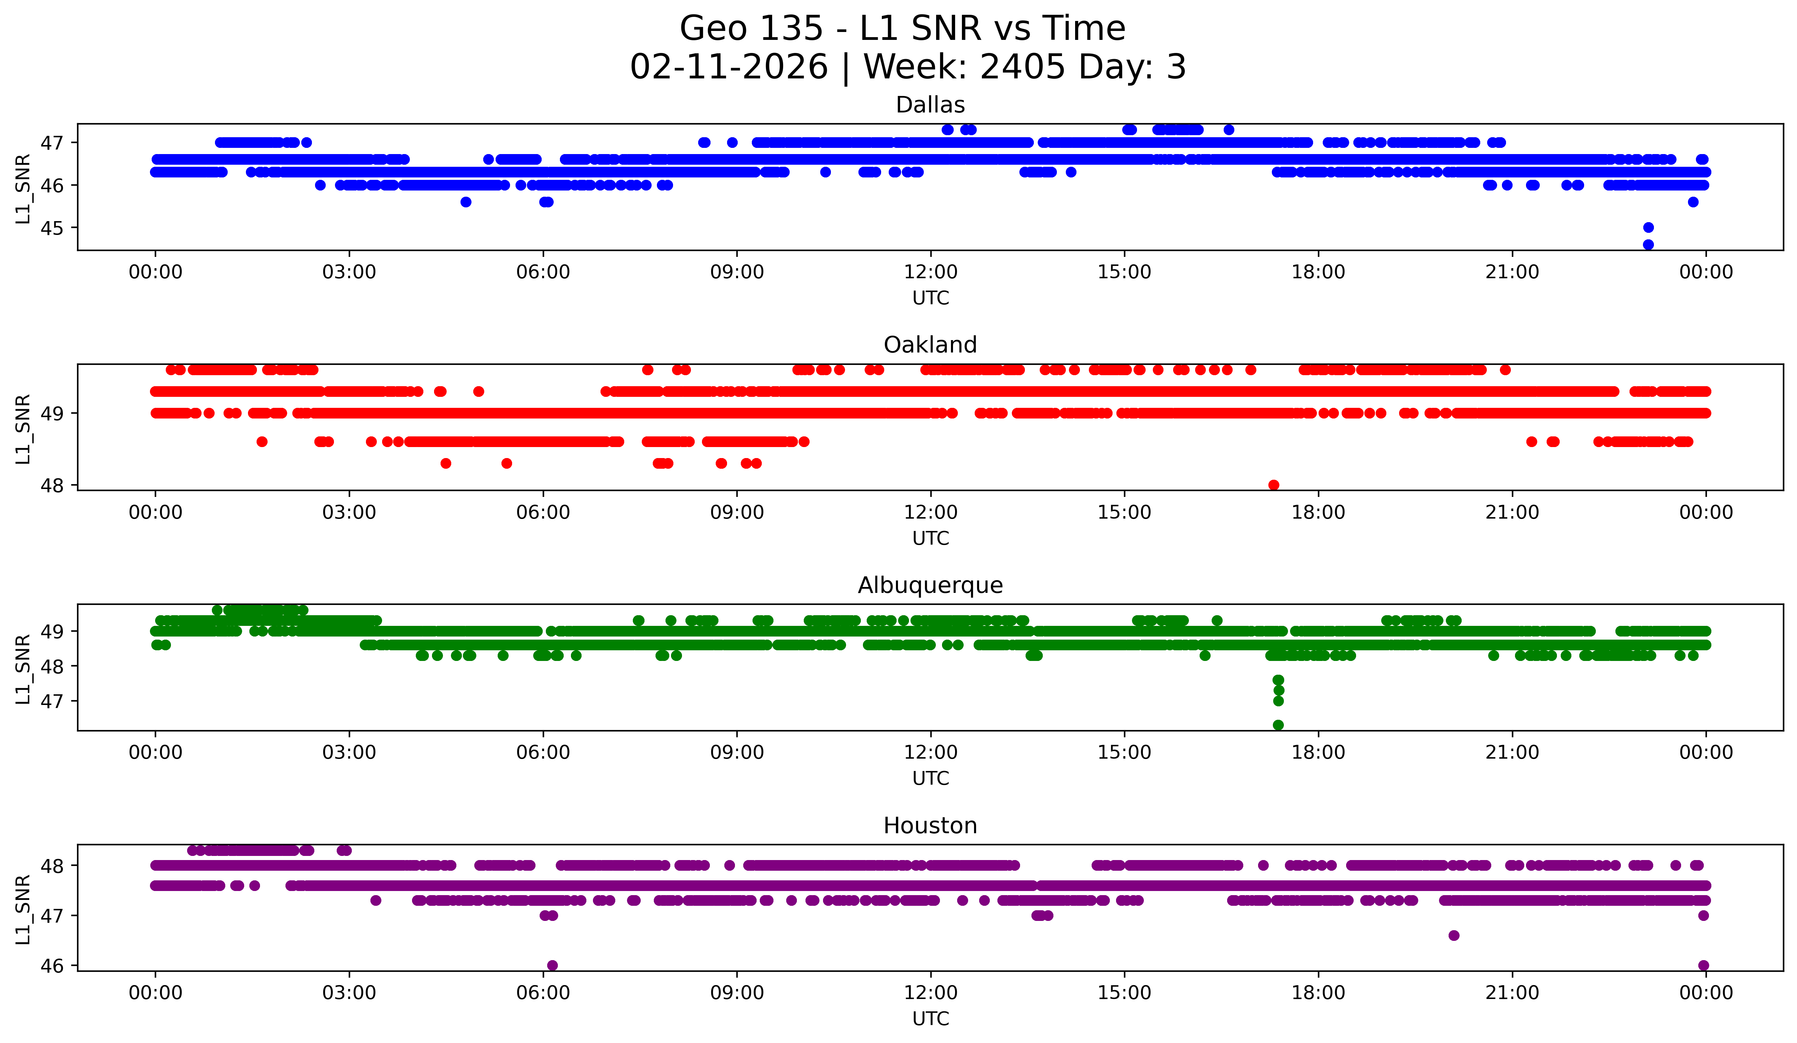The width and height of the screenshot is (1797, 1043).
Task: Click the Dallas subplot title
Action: pyautogui.click(x=930, y=105)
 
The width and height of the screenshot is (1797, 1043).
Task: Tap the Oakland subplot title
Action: pyautogui.click(x=930, y=345)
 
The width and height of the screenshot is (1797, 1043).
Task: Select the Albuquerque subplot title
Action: pyautogui.click(x=930, y=585)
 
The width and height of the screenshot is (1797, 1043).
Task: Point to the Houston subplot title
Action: pyautogui.click(x=930, y=826)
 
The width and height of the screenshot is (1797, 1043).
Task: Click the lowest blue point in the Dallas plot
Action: pyautogui.click(x=1648, y=245)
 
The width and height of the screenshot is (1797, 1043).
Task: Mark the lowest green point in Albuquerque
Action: pyautogui.click(x=1278, y=725)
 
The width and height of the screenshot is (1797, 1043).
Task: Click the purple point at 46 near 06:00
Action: pyautogui.click(x=552, y=965)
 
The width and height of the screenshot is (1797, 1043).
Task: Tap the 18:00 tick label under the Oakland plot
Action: pyautogui.click(x=1318, y=513)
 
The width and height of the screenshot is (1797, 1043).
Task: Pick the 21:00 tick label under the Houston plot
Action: pyautogui.click(x=1512, y=993)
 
